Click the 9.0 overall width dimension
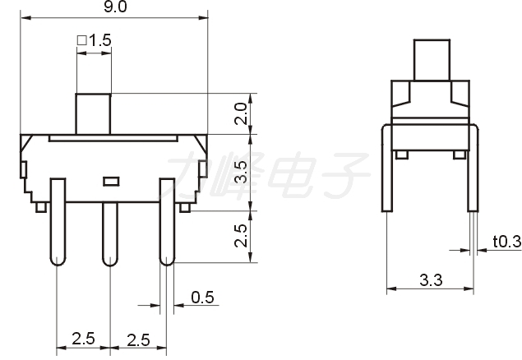tap(115, 7)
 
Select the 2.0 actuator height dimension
tap(241, 113)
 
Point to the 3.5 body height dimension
tap(241, 172)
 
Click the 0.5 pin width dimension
tap(202, 297)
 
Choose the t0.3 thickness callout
tap(507, 241)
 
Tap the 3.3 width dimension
tap(431, 280)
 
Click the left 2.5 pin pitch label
tap(83, 339)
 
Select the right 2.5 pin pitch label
tap(138, 339)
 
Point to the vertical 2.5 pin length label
tap(241, 235)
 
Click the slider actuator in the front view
tap(93, 113)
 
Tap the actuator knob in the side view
tap(432, 60)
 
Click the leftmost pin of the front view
tap(58, 222)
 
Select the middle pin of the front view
tap(110, 234)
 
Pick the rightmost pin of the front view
tap(167, 222)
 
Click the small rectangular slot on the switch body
tap(111, 182)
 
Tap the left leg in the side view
tap(387, 168)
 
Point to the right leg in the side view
tap(473, 168)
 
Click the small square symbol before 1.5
tap(82, 40)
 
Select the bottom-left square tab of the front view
tap(41, 207)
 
